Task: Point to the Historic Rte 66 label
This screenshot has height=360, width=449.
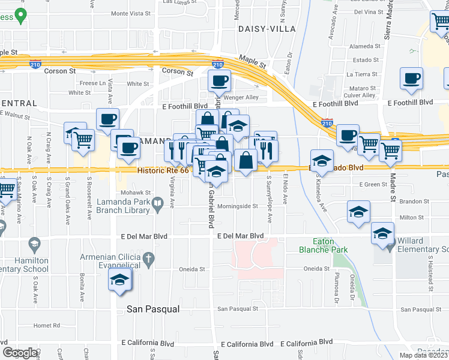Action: pos(162,170)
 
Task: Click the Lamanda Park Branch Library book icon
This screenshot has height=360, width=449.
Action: pos(157,205)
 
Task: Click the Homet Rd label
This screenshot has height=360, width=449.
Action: pos(47,325)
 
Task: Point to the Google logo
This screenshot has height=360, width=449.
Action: pos(20,352)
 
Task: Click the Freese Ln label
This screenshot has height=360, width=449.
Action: pos(92,83)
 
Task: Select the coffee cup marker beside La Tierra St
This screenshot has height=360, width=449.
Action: pos(412,78)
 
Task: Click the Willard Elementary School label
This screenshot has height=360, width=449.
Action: pos(423,244)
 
